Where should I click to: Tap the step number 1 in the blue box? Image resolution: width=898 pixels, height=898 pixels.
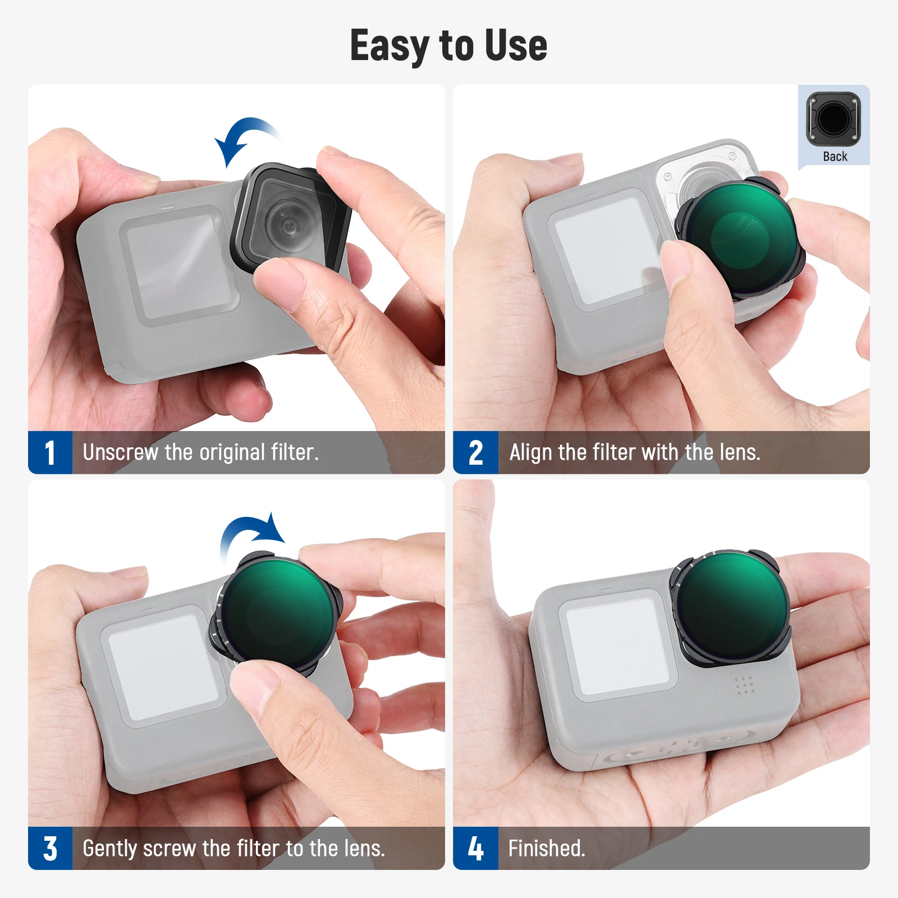point(50,453)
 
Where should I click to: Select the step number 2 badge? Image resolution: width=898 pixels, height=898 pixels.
point(475,453)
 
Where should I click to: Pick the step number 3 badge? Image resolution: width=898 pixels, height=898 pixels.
point(50,849)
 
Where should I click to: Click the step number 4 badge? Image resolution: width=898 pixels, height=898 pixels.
point(475,849)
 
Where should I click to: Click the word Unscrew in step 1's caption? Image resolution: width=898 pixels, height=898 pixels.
point(120,452)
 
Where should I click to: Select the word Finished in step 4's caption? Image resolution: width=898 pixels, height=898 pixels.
point(546,848)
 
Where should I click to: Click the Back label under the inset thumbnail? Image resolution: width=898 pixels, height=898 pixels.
point(835,157)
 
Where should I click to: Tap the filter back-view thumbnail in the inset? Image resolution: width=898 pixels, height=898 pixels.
point(833,119)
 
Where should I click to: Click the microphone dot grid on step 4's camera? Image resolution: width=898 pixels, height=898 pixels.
point(744,685)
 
